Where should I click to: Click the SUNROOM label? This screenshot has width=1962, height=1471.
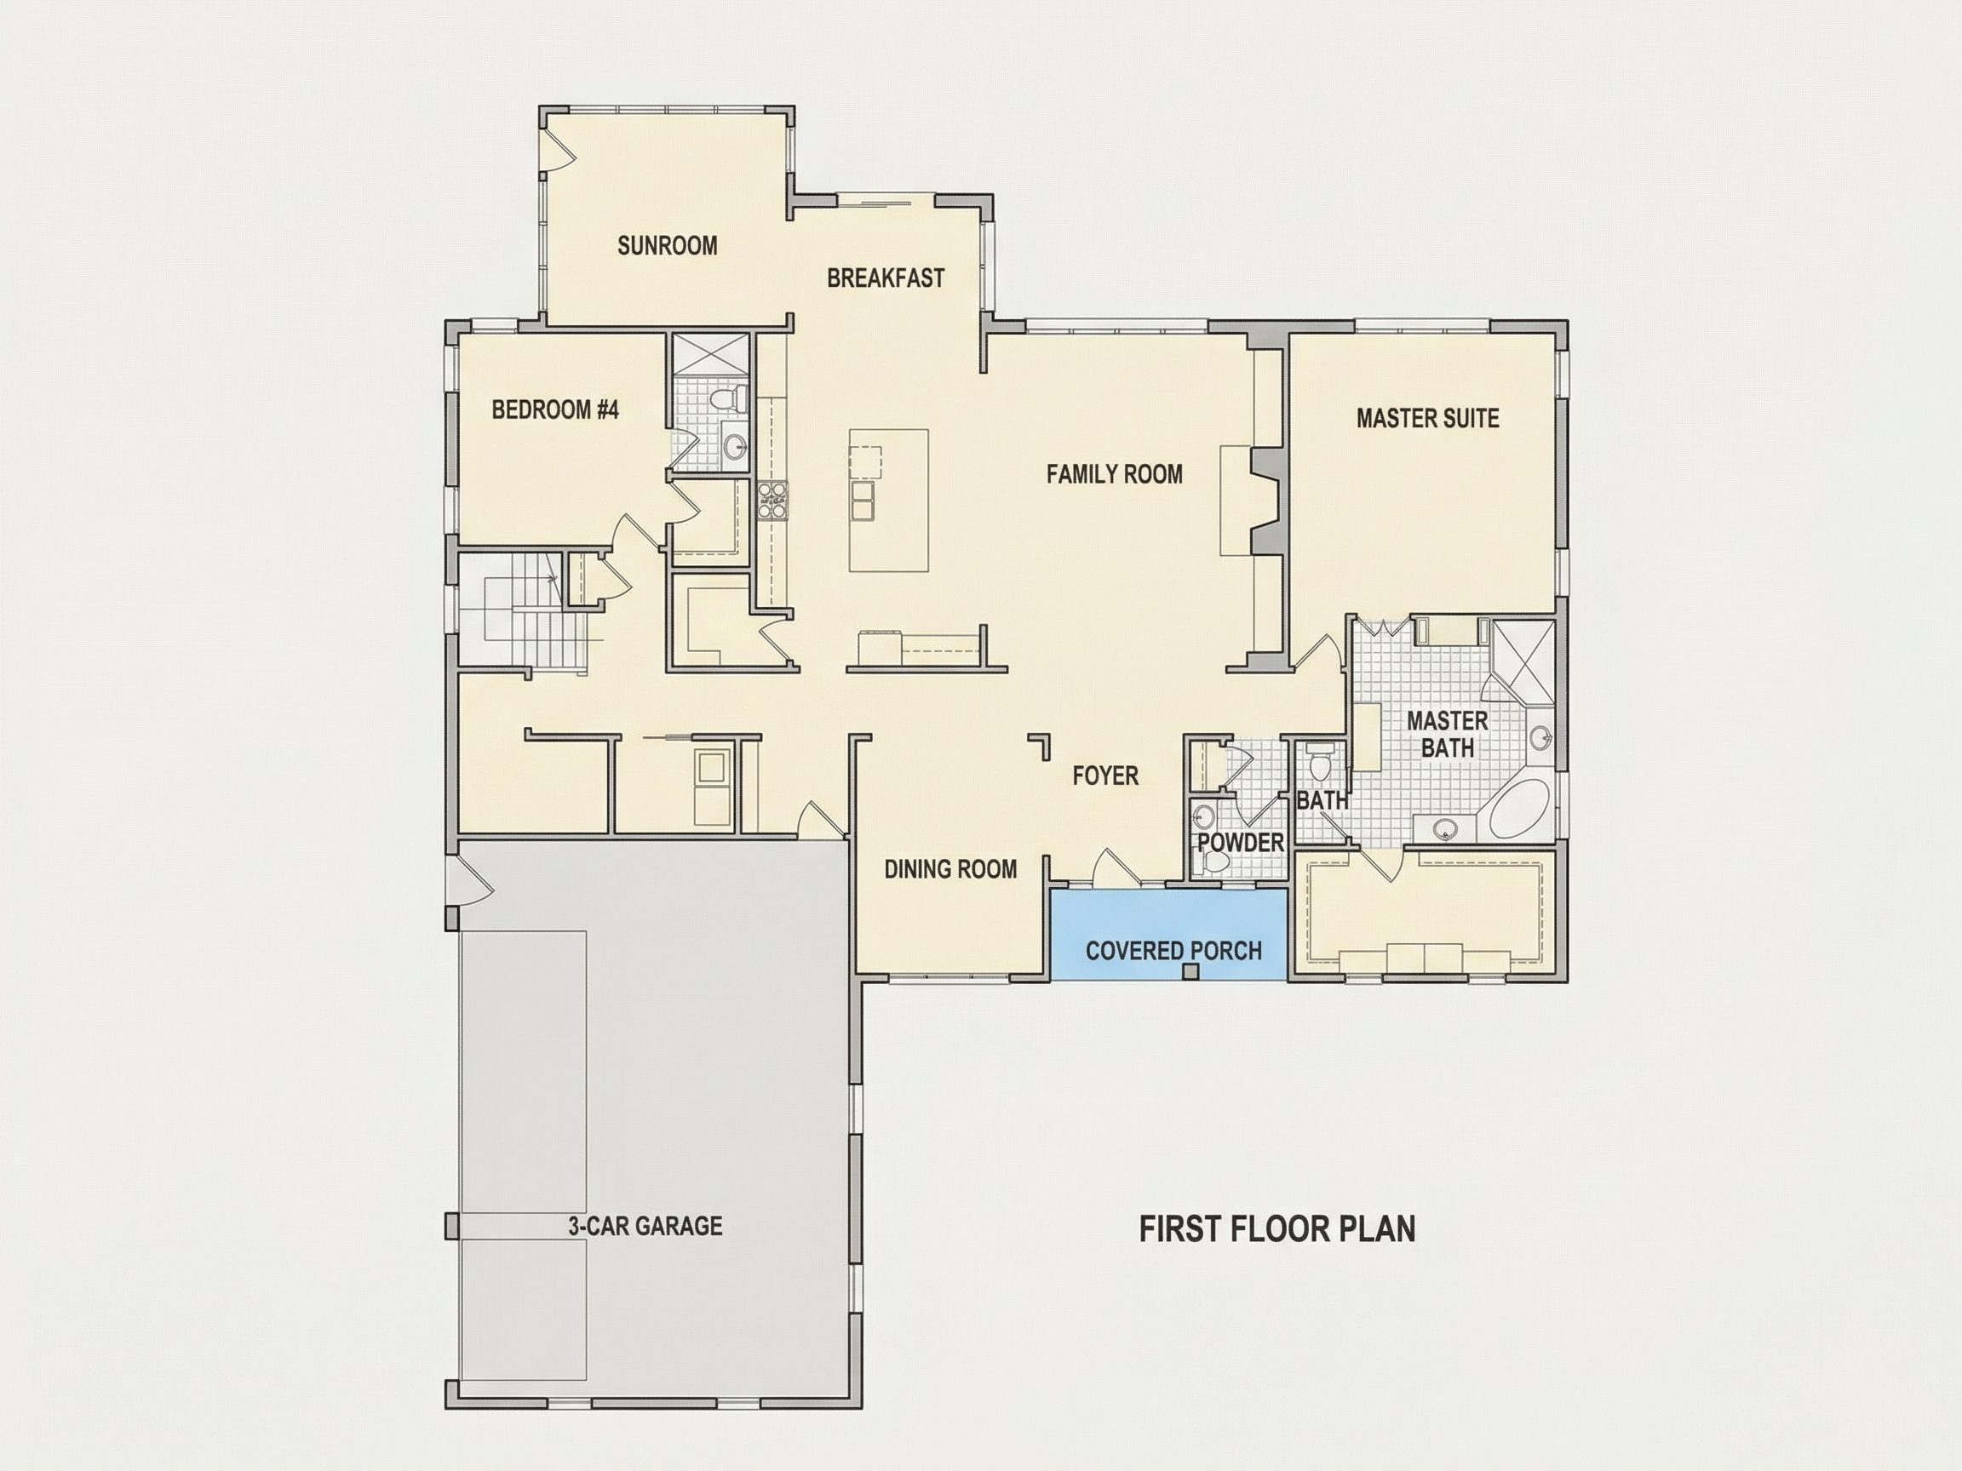pyautogui.click(x=667, y=246)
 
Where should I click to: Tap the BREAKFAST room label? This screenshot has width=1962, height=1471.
pyautogui.click(x=886, y=278)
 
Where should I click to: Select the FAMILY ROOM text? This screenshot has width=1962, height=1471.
pyautogui.click(x=1114, y=474)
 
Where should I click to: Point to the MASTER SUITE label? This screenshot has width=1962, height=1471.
pyautogui.click(x=1427, y=419)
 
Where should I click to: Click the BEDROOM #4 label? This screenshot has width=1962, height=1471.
pyautogui.click(x=555, y=409)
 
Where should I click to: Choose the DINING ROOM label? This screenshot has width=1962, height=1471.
pyautogui.click(x=950, y=869)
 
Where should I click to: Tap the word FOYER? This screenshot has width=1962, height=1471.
pyautogui.click(x=1105, y=776)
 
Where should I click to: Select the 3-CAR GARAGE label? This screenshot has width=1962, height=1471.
pyautogui.click(x=645, y=1227)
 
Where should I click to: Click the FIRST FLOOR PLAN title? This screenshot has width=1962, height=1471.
pyautogui.click(x=1277, y=1230)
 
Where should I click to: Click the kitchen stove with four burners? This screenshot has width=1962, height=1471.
pyautogui.click(x=772, y=498)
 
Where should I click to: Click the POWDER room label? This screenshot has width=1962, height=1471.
pyautogui.click(x=1241, y=843)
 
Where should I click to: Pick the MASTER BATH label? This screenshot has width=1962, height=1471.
pyautogui.click(x=1448, y=734)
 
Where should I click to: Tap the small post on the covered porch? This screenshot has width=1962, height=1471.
pyautogui.click(x=1191, y=972)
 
